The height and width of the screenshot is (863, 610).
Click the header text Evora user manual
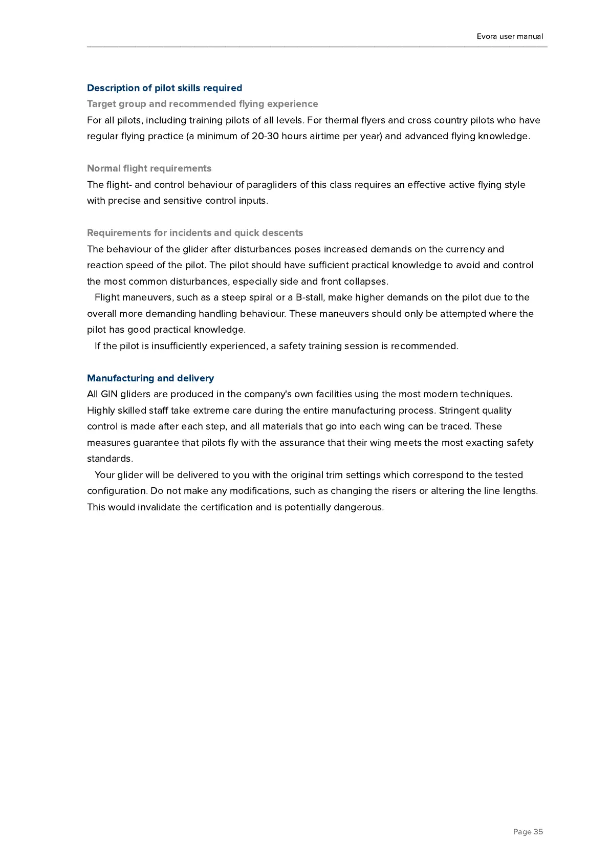coord(510,36)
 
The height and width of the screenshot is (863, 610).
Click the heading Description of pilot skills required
coord(164,88)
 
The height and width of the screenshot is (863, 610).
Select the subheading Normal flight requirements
coord(149,168)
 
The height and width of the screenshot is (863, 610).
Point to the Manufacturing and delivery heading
coord(150,378)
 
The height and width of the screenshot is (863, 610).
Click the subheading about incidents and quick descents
coord(195,233)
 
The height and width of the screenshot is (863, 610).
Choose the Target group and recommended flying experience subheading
coord(202,104)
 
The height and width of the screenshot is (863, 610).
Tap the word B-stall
coord(310,297)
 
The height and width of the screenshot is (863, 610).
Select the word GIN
coord(109,394)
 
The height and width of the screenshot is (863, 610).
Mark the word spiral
coord(260,297)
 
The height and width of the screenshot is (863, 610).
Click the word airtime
coord(326,136)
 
